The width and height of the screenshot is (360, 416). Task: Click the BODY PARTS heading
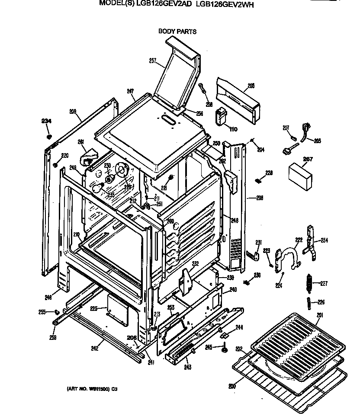point(177,31)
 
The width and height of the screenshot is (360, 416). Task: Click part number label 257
point(152,61)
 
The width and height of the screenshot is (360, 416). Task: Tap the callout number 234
point(46,121)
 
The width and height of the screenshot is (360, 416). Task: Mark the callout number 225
point(94,308)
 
